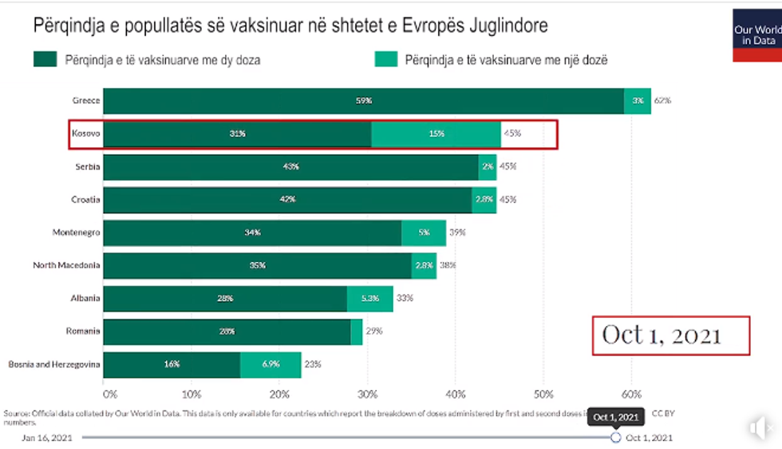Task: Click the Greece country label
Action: [x=86, y=101]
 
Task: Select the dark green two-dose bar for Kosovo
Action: [x=237, y=134]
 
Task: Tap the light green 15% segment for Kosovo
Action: [x=436, y=134]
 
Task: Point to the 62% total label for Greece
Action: [x=662, y=101]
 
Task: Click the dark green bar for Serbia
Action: [x=290, y=167]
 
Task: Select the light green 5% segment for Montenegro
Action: [x=424, y=232]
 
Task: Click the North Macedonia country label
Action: [x=66, y=265]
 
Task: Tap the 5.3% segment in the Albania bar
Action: [x=369, y=299]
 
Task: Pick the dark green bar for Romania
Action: [x=227, y=332]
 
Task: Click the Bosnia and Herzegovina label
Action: [x=54, y=364]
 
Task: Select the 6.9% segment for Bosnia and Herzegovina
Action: [x=271, y=364]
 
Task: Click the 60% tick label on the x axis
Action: [x=630, y=393]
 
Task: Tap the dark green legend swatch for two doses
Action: [x=44, y=59]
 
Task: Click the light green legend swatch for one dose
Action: [x=385, y=59]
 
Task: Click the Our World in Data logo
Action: [x=756, y=34]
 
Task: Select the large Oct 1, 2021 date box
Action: [x=670, y=336]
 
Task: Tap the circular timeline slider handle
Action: [x=615, y=438]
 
